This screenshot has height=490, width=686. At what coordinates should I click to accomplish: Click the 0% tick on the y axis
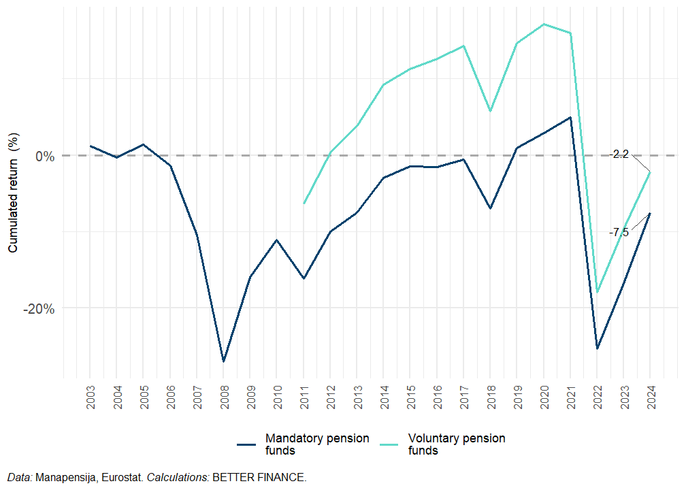[44, 156]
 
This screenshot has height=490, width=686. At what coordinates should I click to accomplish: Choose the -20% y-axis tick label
[39, 308]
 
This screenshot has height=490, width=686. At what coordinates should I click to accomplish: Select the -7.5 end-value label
[619, 232]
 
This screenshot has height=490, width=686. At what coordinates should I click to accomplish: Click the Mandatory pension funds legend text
[317, 444]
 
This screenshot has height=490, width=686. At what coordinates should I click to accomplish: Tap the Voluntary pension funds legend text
[457, 444]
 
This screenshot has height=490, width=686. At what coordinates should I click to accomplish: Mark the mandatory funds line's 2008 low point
[223, 361]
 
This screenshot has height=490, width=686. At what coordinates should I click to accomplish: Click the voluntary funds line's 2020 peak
[544, 24]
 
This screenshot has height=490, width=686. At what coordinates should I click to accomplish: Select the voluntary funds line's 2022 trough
[598, 293]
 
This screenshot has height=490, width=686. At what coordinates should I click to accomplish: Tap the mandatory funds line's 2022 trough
[597, 348]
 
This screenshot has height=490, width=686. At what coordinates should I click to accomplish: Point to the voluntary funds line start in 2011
[304, 203]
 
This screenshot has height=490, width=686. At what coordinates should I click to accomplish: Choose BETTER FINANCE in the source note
[259, 478]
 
